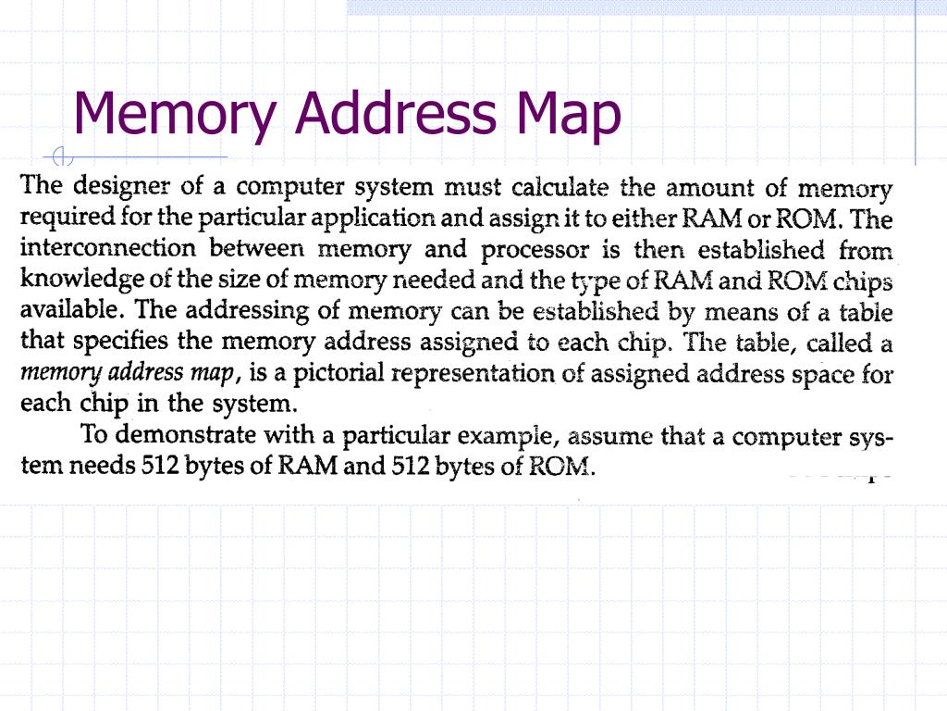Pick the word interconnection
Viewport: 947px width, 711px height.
(x=107, y=249)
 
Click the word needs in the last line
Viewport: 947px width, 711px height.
(x=103, y=466)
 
